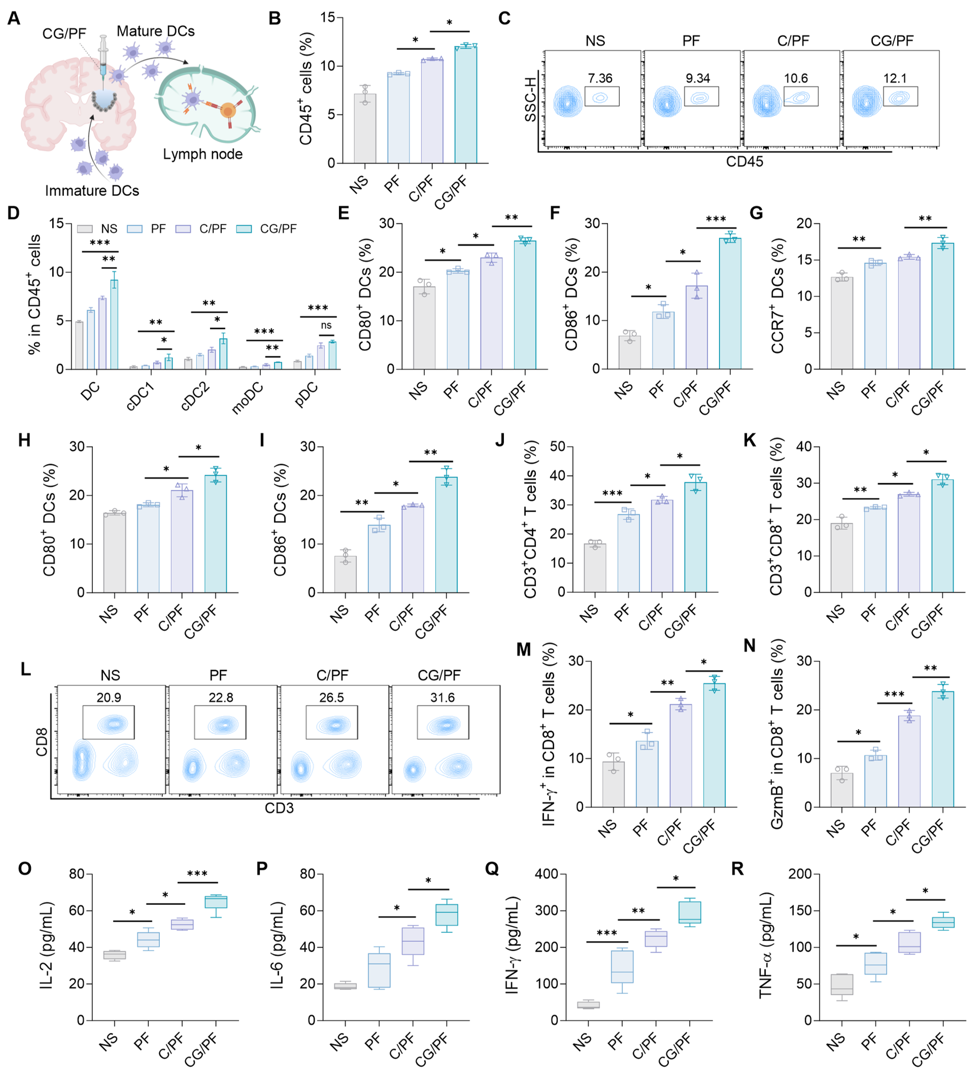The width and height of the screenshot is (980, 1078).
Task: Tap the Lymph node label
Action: click(202, 154)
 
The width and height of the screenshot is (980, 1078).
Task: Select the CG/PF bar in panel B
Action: click(466, 105)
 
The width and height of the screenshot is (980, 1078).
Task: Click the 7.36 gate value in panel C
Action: click(600, 79)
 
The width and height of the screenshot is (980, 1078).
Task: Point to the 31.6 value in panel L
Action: click(442, 697)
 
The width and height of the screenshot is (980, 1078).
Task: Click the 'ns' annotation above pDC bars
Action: click(326, 325)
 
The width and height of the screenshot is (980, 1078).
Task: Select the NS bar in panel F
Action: click(630, 352)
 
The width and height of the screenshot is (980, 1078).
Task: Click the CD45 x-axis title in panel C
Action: click(744, 161)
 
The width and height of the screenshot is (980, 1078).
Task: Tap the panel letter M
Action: click(523, 650)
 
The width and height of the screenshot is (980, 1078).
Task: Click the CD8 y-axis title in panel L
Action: click(41, 742)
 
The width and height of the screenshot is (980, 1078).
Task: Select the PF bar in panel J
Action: click(629, 553)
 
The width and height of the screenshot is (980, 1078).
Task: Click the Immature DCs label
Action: click(92, 191)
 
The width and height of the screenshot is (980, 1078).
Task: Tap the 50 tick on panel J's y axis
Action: click(558, 447)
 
